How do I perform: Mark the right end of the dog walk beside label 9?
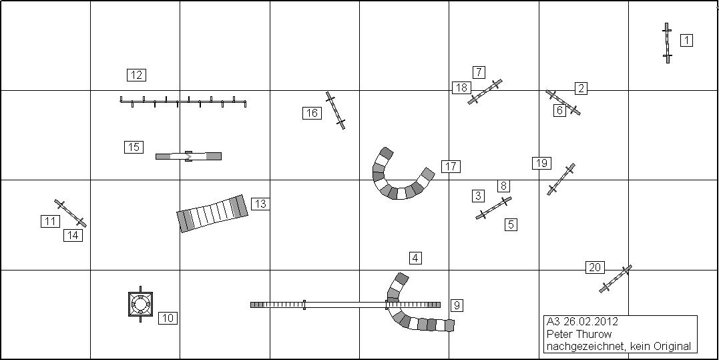[440, 305]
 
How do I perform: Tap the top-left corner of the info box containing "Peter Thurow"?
[544, 315]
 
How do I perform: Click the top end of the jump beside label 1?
[666, 23]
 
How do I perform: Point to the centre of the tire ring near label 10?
[140, 303]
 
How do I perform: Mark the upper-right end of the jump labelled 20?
[631, 266]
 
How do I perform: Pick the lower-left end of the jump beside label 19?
[549, 194]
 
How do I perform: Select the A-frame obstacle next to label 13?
[212, 213]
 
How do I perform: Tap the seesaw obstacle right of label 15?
[188, 156]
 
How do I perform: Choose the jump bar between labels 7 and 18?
[485, 92]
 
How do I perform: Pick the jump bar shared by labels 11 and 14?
[70, 213]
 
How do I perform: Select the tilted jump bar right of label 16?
[335, 110]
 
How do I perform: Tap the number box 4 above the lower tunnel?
[415, 258]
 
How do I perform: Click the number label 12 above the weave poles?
[136, 75]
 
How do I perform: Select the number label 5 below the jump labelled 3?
[511, 224]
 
